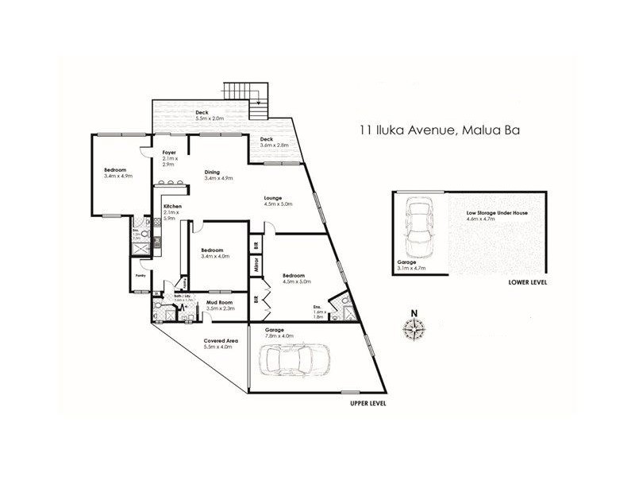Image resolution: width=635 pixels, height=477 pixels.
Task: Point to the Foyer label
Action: click(x=169, y=152)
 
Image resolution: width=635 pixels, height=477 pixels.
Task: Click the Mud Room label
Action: click(x=218, y=303)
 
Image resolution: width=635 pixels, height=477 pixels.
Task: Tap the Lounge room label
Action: click(x=275, y=198)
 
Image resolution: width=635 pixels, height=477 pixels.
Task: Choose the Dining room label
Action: click(x=212, y=172)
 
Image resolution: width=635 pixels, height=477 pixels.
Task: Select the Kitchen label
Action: click(x=173, y=207)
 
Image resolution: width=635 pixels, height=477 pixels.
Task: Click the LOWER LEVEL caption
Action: click(x=527, y=282)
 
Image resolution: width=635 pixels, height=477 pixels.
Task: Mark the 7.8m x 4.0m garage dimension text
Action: click(x=279, y=336)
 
